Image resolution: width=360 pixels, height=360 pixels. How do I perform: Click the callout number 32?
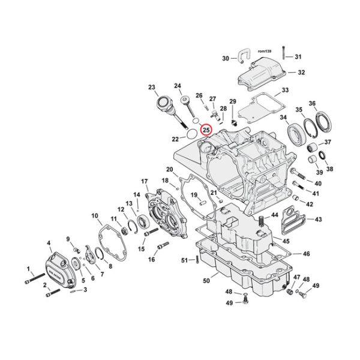click(301, 72)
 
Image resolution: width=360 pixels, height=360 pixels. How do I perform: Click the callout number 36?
click(328, 104)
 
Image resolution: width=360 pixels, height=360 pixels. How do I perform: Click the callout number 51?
click(184, 259)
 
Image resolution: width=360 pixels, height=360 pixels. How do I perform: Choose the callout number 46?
click(306, 254)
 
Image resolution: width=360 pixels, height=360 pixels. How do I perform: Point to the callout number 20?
click(169, 169)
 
